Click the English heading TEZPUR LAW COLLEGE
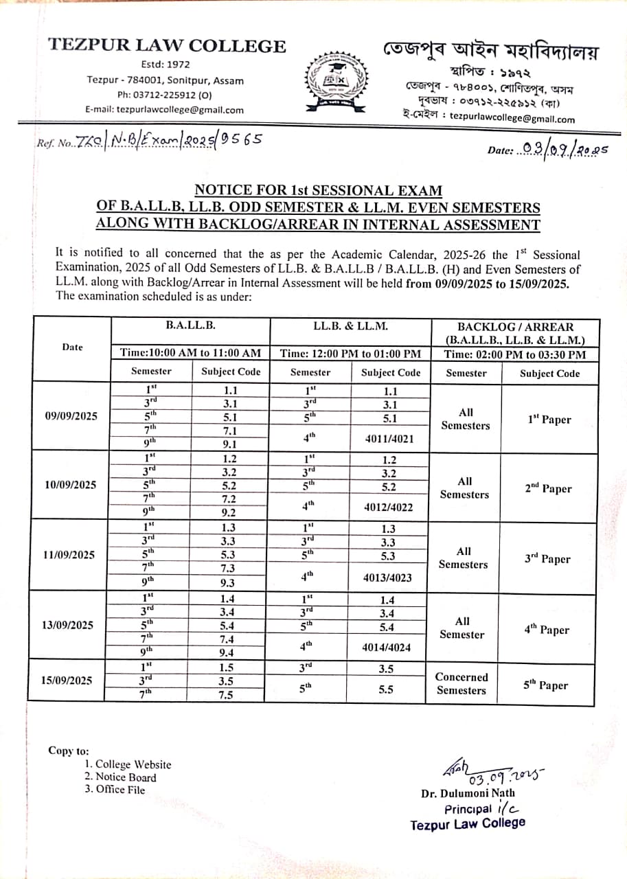point(167,46)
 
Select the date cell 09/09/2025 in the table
point(71,416)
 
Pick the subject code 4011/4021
point(389,437)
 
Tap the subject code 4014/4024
point(389,646)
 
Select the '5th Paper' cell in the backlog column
point(547,685)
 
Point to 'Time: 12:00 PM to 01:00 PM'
point(350,354)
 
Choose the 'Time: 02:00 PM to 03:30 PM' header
point(515,354)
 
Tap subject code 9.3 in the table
point(228,583)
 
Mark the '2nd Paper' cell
point(547,489)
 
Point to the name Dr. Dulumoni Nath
point(468,793)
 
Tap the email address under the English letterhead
point(164,110)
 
